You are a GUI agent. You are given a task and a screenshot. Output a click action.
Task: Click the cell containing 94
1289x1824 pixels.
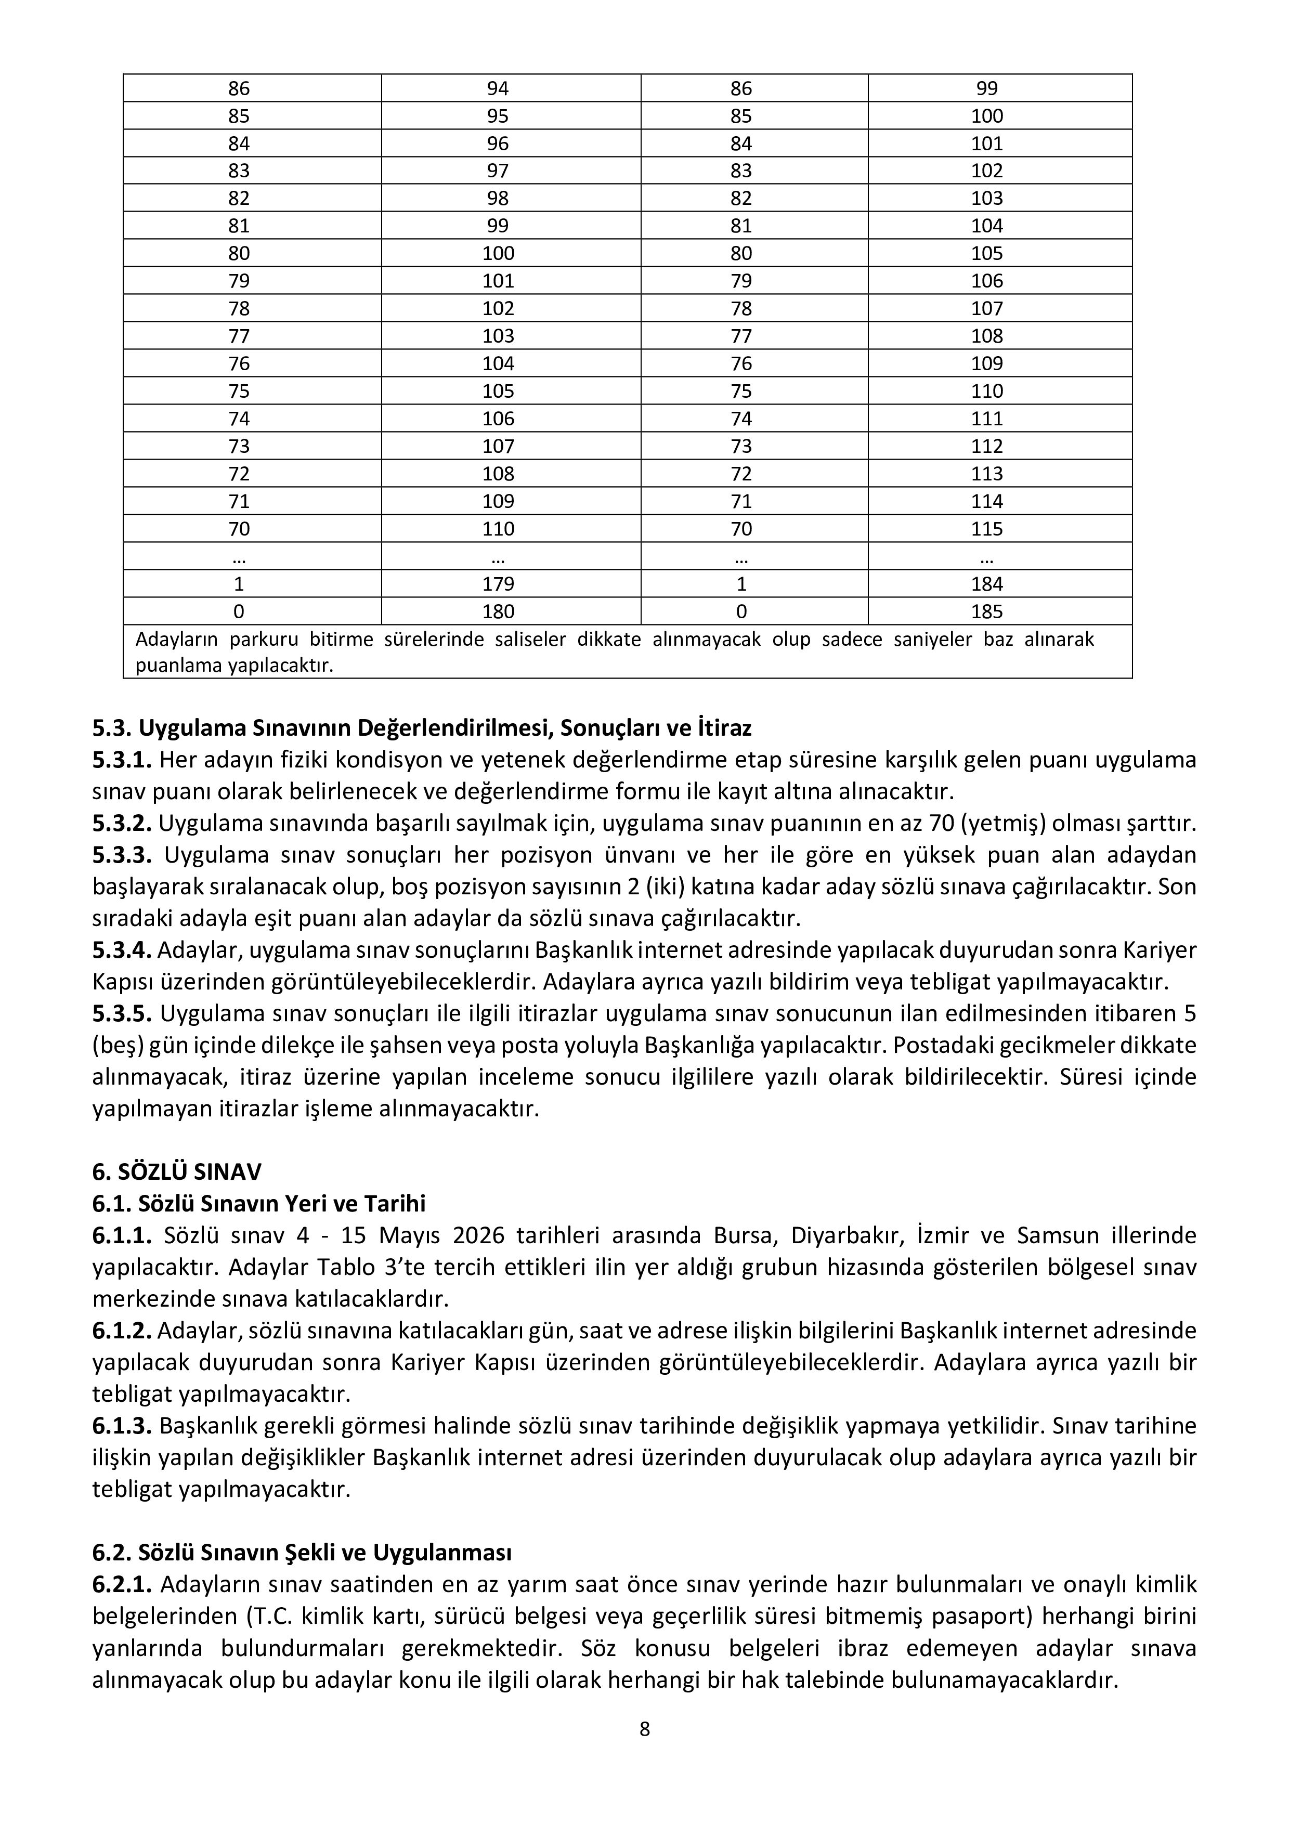tap(498, 88)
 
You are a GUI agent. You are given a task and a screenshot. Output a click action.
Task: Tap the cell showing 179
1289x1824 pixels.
tap(498, 584)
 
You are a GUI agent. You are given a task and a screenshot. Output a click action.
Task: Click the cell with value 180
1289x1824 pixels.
tap(498, 611)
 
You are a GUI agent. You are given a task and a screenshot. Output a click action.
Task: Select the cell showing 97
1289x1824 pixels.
tap(498, 171)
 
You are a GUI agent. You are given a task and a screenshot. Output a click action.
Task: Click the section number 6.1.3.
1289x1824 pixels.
tap(122, 1426)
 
